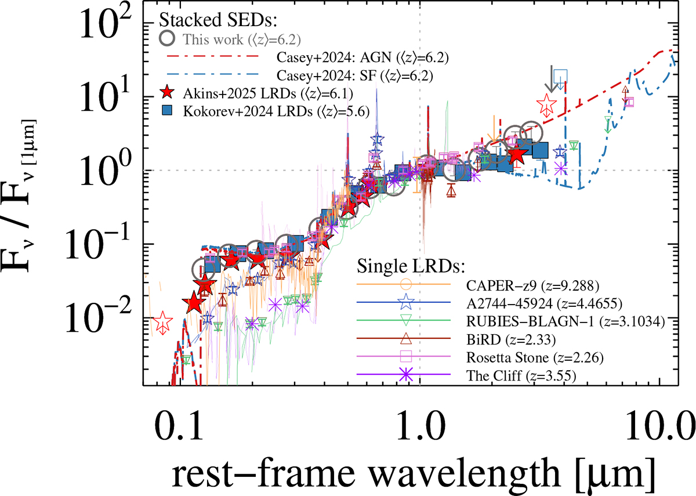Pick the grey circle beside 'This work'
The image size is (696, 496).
coord(169,39)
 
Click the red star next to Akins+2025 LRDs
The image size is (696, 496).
coord(168,93)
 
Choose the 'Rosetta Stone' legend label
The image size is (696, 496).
coord(534,356)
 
